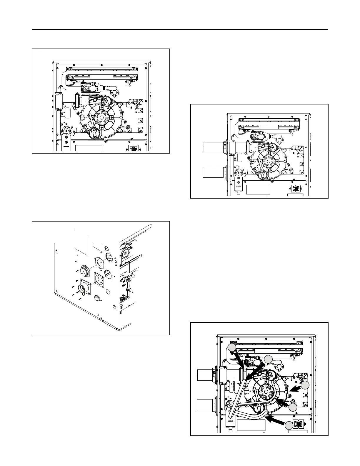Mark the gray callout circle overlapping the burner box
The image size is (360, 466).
point(232,347)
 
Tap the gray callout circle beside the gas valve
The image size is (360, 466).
point(268,359)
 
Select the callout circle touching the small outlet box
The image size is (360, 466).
point(289,425)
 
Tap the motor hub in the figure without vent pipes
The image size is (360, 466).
point(101,117)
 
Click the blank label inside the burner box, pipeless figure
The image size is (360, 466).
point(101,77)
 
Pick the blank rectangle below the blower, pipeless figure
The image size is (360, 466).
point(89,148)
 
